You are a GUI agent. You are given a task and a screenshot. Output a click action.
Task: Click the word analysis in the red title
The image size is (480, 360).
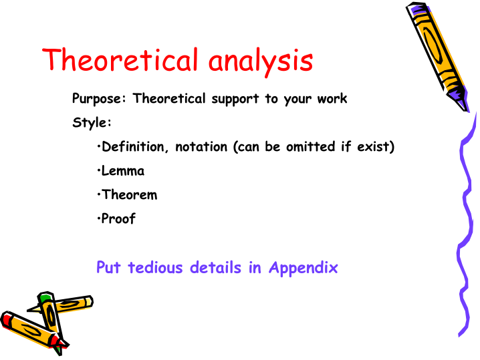click(261, 62)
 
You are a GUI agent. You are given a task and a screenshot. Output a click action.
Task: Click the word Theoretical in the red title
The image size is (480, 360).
click(120, 59)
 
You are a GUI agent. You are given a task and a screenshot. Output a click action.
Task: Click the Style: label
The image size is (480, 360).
click(92, 123)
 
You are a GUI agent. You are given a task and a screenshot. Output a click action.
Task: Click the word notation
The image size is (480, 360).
click(201, 147)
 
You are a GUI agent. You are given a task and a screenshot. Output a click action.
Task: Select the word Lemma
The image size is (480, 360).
click(123, 171)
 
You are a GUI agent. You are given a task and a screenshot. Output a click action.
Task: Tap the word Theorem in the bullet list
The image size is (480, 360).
click(129, 195)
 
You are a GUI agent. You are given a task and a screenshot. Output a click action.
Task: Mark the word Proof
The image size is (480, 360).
click(118, 218)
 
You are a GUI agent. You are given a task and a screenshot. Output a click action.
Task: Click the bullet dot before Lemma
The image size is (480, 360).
click(98, 171)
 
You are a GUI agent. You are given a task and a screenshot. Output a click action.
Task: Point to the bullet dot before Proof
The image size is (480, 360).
click(98, 218)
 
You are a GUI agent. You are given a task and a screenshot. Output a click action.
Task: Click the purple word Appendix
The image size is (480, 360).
click(303, 268)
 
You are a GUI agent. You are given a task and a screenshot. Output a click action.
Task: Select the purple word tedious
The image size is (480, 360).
click(156, 268)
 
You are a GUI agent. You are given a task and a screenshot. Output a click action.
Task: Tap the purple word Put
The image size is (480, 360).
click(108, 267)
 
